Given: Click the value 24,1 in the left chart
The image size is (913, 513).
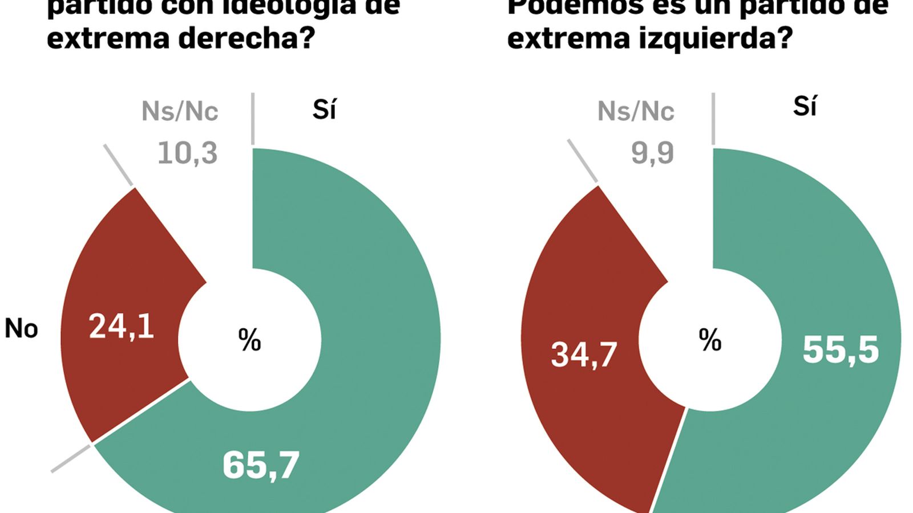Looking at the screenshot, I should click(x=121, y=327).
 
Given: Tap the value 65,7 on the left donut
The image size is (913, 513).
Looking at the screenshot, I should click(x=261, y=465).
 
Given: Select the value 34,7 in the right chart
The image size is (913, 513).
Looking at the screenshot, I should click(x=583, y=354).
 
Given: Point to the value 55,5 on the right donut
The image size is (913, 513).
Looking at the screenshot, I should click(x=841, y=349).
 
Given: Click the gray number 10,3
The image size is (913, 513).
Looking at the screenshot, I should click(x=187, y=153).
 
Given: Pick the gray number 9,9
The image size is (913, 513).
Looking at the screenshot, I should click(x=652, y=153).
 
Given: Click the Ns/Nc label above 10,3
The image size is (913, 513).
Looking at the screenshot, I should click(x=180, y=111).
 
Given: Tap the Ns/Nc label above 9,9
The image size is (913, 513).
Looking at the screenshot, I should click(x=636, y=111).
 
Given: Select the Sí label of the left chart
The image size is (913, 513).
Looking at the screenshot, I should click(x=324, y=109).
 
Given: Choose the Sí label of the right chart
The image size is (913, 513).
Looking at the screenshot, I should click(x=805, y=106).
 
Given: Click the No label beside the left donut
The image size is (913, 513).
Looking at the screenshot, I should click(x=21, y=329).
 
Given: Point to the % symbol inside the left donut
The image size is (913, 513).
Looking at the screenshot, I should click(x=249, y=340).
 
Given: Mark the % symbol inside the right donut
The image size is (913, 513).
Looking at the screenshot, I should click(x=710, y=340).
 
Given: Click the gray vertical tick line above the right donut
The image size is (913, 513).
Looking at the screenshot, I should click(x=713, y=119).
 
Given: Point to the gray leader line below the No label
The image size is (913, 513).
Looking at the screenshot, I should click(x=71, y=458).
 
